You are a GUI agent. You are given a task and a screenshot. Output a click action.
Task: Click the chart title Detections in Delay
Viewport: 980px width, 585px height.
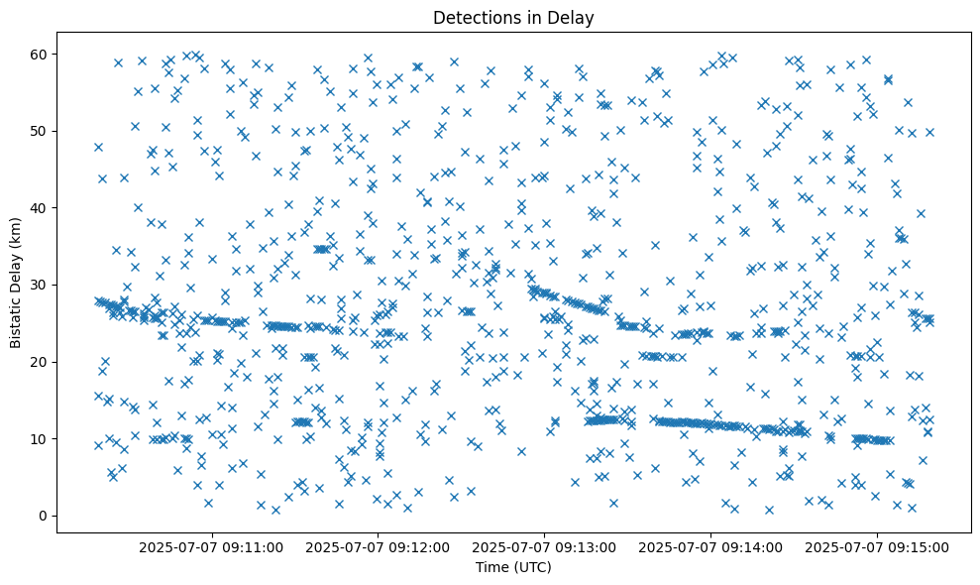[513, 17]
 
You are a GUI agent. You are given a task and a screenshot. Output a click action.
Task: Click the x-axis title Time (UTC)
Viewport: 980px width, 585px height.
[513, 568]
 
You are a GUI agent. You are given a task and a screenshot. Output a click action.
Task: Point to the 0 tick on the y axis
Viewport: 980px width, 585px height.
[45, 516]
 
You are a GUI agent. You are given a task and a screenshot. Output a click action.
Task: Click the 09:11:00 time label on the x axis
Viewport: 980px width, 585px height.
[211, 546]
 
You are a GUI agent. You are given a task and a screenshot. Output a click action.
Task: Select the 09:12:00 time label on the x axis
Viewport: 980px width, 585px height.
[378, 546]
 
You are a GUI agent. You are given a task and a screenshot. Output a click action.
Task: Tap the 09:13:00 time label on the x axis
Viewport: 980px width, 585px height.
[544, 546]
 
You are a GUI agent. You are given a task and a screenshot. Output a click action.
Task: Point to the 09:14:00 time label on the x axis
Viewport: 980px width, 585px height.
[710, 546]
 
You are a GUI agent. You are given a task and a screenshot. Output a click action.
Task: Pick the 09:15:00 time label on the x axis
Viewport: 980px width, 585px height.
[877, 546]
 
